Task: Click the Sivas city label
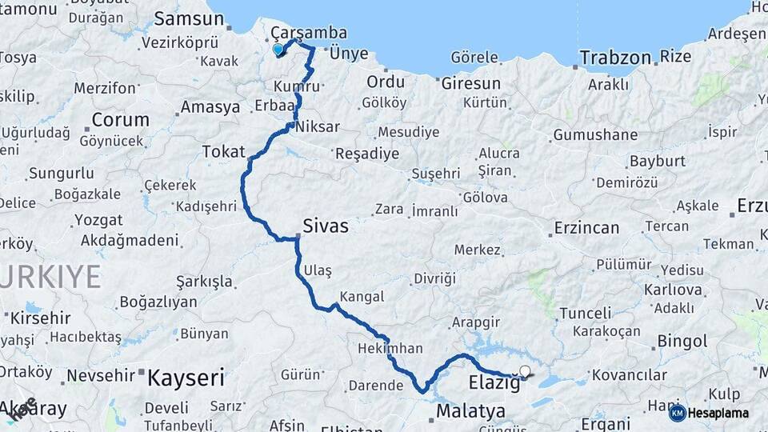(326, 226)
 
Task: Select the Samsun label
(189, 18)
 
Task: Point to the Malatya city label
(471, 411)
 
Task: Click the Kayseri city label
(186, 377)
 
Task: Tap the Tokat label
(218, 151)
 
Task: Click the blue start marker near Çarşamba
(278, 50)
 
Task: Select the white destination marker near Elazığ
(525, 371)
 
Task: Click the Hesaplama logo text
(718, 414)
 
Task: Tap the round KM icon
(677, 414)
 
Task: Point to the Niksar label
(318, 126)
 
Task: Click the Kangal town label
(362, 296)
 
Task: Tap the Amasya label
(210, 106)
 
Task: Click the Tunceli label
(585, 313)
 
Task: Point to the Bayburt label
(658, 161)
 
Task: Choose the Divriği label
(434, 278)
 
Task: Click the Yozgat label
(98, 220)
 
